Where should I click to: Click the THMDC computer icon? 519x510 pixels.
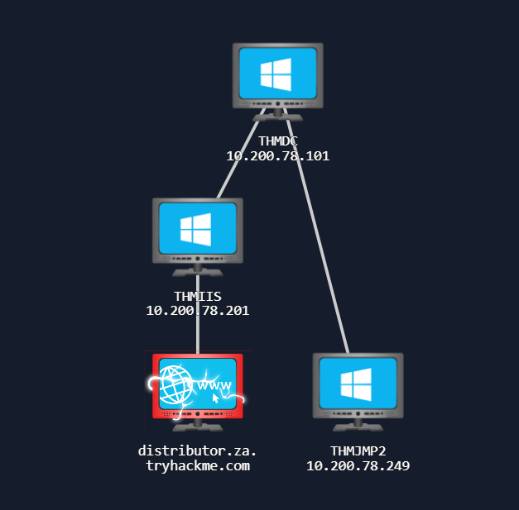click(x=278, y=76)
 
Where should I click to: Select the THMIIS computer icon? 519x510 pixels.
click(x=198, y=231)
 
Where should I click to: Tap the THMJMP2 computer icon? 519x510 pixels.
click(x=358, y=386)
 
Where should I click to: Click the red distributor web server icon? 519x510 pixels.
click(x=198, y=387)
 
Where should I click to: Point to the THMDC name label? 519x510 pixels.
click(x=278, y=141)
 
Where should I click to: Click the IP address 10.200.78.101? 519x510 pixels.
click(x=278, y=155)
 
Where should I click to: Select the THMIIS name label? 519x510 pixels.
click(x=198, y=296)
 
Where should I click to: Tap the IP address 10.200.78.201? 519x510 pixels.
click(x=198, y=310)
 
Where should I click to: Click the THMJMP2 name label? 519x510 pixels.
click(x=358, y=451)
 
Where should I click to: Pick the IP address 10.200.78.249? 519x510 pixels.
click(x=358, y=466)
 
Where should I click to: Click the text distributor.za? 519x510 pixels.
click(x=198, y=451)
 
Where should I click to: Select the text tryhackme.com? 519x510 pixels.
click(x=198, y=466)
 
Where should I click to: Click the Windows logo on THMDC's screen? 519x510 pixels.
click(x=276, y=74)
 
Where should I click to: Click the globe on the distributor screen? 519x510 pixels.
click(x=175, y=384)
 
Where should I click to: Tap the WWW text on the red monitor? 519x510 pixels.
click(x=215, y=385)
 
